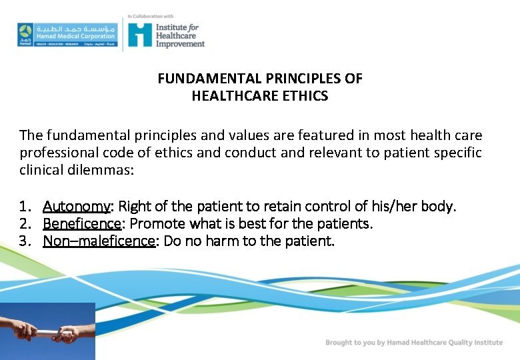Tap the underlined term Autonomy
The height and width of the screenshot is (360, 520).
77,206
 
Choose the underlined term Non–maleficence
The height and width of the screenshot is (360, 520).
99,241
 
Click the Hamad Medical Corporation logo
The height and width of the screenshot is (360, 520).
67,35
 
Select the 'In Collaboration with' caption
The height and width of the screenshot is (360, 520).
151,16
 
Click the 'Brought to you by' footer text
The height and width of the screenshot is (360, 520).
414,343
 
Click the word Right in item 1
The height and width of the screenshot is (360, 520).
134,206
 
